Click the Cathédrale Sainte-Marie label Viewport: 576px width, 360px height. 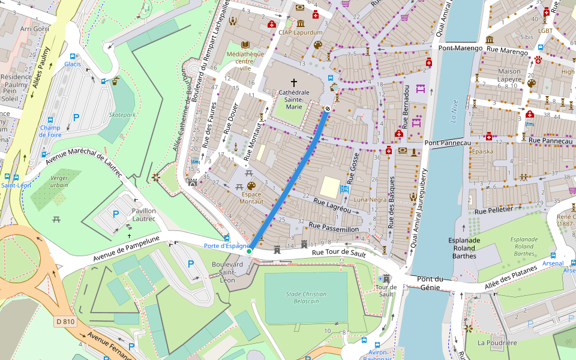pyautogui.click(x=294, y=100)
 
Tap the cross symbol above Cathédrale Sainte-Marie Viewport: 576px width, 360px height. pyautogui.click(x=294, y=82)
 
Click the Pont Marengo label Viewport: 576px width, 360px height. pyautogui.click(x=461, y=48)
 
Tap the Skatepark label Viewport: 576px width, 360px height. pyautogui.click(x=122, y=115)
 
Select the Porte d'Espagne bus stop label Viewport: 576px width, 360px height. pyautogui.click(x=226, y=246)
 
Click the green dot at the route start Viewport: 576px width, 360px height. pyautogui.click(x=249, y=251)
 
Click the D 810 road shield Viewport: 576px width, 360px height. pyautogui.click(x=65, y=322)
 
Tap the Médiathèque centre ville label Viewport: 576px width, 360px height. pyautogui.click(x=245, y=61)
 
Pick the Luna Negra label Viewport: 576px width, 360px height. pyautogui.click(x=370, y=199)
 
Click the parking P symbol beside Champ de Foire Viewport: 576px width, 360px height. pyautogui.click(x=76, y=118)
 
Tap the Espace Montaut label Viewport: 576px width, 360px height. pyautogui.click(x=252, y=198)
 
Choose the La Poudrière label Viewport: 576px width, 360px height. pyautogui.click(x=497, y=343)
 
